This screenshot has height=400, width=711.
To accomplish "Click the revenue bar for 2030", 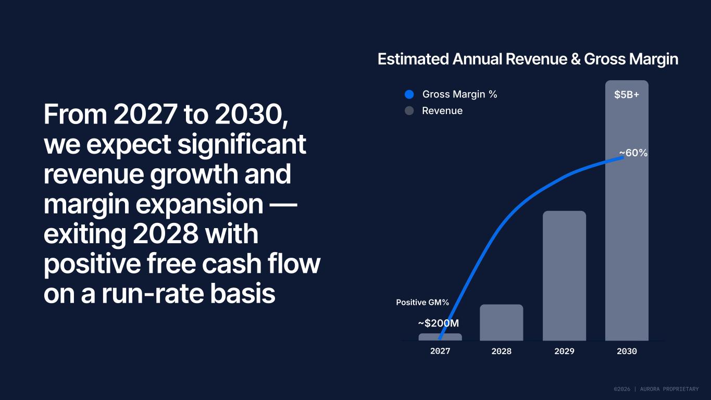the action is point(627,210).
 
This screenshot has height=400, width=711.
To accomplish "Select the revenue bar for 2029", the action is point(564,276).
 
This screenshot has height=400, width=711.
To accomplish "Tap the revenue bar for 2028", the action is point(502,322).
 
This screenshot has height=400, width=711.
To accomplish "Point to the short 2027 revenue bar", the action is point(440,337).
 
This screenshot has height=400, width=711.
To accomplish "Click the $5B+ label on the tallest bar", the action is point(627,95).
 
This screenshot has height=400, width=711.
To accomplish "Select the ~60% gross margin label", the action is point(633,153).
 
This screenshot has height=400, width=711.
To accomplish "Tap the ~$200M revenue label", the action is point(439,323).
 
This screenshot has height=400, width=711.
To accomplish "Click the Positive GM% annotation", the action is point(422,302).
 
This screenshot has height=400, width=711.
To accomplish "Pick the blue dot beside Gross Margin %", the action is point(409,94).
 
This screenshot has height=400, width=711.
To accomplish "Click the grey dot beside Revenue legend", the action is point(409,111).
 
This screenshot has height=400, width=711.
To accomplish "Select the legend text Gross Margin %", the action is point(459,94).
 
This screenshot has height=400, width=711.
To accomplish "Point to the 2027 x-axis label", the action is point(440,351).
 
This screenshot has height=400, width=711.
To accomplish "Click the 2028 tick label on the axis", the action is point(502,351).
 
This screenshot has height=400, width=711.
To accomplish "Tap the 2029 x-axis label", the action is point(564,351).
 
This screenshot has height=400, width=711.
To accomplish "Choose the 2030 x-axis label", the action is point(627,351).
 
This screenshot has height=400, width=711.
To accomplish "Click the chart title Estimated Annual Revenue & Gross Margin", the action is point(528,59).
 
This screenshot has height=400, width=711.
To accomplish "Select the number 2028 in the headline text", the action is point(165,234).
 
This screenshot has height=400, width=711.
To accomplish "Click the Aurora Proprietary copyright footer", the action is point(656,389).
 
